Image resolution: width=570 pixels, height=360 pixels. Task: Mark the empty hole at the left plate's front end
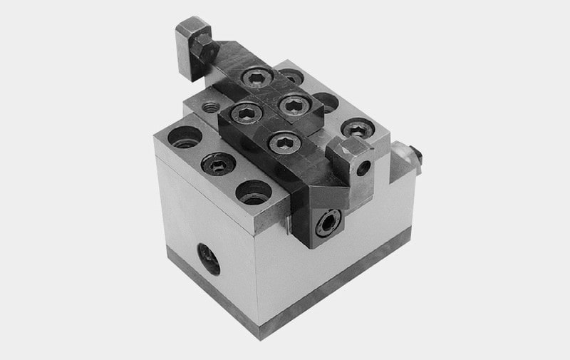(254, 192)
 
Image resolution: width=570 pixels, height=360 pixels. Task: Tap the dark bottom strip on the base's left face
(207, 284)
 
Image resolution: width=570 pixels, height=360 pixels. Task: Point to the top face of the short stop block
(347, 148)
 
